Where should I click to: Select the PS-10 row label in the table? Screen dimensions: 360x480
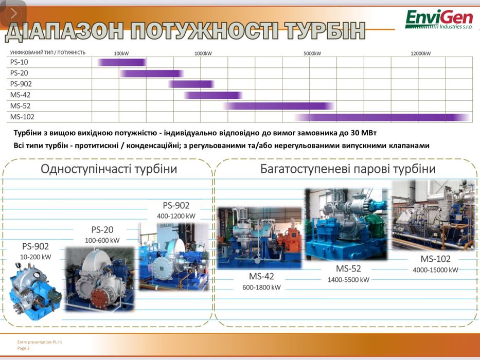click(19, 62)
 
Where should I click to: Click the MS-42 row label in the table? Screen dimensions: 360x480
click(21, 95)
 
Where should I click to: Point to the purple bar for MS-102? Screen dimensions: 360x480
click(383, 117)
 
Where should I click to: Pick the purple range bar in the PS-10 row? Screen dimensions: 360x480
click(122, 62)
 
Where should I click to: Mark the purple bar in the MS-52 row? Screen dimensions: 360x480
click(278, 106)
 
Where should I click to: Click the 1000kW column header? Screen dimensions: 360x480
click(203, 53)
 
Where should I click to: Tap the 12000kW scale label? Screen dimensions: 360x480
click(420, 53)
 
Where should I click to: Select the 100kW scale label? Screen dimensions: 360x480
click(121, 53)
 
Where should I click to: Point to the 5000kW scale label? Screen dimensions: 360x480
click(312, 53)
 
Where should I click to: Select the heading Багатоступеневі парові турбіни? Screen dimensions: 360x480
click(348, 169)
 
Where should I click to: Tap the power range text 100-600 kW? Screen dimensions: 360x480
click(102, 240)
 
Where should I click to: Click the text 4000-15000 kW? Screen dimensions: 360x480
click(435, 269)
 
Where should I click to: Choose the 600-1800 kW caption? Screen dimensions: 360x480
click(261, 287)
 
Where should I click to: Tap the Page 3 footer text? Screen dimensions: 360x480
click(24, 348)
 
